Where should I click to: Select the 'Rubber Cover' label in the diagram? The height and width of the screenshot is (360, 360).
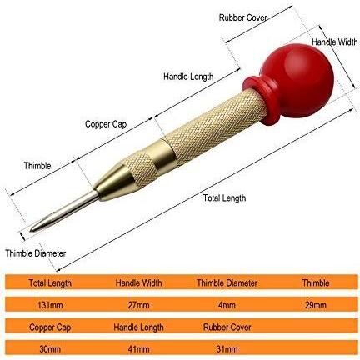[242, 17]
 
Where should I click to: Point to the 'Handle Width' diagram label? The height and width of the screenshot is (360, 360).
[335, 42]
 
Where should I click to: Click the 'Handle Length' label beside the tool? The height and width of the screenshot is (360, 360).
[188, 77]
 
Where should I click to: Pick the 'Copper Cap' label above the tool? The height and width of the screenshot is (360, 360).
[106, 124]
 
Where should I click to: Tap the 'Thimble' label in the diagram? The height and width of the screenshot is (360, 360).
[37, 166]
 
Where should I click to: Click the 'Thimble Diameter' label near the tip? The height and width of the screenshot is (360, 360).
[36, 253]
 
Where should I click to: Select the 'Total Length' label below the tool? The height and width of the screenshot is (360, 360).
[224, 198]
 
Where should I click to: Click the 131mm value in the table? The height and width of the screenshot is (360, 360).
[50, 305]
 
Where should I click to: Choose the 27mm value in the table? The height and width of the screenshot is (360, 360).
[138, 305]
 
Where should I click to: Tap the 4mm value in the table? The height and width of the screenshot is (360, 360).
[227, 305]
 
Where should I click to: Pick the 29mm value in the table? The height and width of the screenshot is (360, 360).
[316, 305]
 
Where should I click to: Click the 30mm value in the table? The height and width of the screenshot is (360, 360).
[50, 349]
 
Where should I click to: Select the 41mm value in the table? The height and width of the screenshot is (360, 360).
[138, 349]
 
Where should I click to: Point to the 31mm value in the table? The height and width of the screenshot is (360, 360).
[227, 349]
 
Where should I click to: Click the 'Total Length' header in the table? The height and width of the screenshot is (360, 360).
[50, 283]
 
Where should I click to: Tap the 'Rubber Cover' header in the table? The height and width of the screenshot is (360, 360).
[227, 327]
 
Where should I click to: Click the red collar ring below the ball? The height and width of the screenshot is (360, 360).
[260, 101]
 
